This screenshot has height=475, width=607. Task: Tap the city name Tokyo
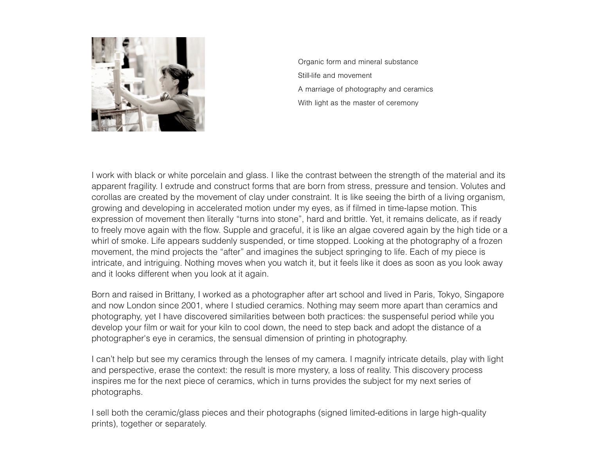pos(449,295)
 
